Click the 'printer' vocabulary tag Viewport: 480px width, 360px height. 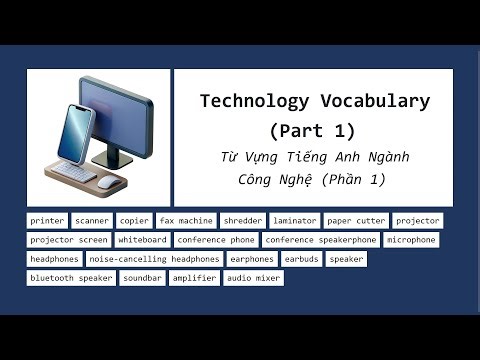coord(47,221)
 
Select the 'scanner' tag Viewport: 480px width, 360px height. coord(92,221)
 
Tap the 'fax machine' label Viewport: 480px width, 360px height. coord(186,221)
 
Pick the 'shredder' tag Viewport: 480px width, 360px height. coord(243,221)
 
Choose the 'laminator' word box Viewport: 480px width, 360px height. coord(294,221)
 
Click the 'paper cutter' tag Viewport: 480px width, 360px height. coord(355,221)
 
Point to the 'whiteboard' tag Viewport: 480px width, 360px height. coord(141,240)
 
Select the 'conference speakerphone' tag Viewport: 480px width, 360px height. coord(321,240)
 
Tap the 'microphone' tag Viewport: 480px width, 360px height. coord(411,240)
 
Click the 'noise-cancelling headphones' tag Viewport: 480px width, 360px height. coord(154,259)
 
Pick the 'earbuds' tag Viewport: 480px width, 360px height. coord(301,259)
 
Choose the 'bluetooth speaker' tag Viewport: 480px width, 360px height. coord(71,278)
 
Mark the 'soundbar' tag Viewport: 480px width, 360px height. coord(142,278)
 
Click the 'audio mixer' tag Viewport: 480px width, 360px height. coord(253,278)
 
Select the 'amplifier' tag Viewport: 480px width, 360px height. coord(194,278)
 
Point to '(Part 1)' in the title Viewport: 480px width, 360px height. coord(313,131)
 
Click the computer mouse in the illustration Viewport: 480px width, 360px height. coord(106,183)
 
